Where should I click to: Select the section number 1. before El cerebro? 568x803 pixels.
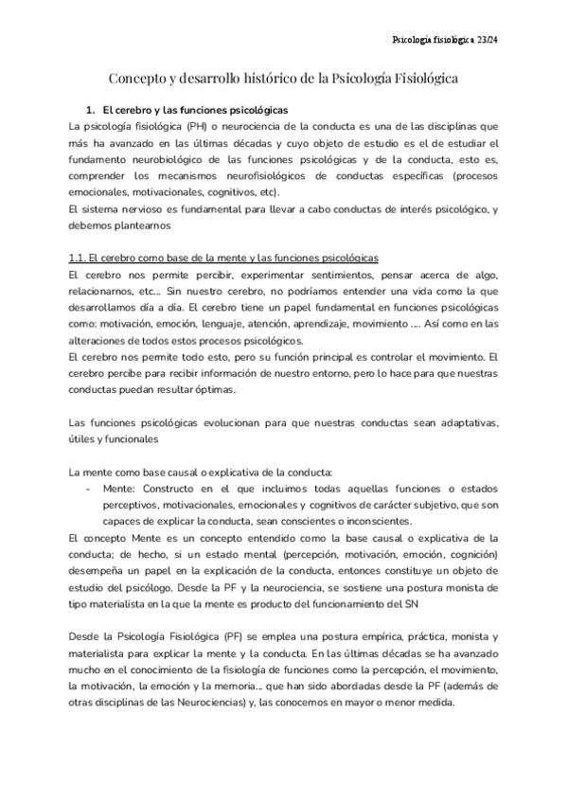[x=92, y=110]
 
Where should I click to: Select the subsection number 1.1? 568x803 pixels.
[x=80, y=258]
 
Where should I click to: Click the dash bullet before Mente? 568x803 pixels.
[x=88, y=487]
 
